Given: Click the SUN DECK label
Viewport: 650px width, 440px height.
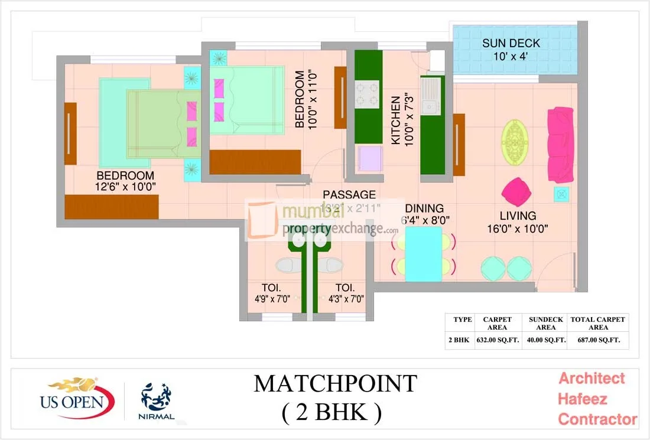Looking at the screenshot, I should [511, 44].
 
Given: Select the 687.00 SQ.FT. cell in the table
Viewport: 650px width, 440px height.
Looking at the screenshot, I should [598, 340].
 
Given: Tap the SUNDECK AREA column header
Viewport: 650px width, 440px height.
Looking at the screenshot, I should [545, 323].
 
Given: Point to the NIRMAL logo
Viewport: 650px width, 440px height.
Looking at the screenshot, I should [157, 402].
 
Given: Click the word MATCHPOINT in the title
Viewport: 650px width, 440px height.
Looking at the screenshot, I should [335, 384].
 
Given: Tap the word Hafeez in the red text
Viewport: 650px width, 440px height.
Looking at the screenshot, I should [583, 399].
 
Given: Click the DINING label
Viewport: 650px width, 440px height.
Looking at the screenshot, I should [424, 208].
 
